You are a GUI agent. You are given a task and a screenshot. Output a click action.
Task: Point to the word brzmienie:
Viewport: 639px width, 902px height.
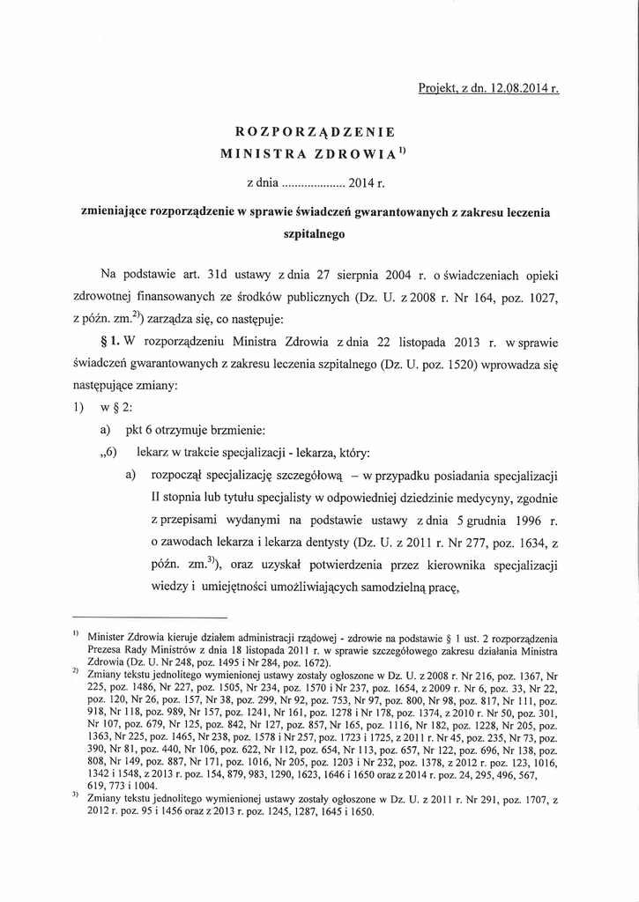point(233,430)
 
